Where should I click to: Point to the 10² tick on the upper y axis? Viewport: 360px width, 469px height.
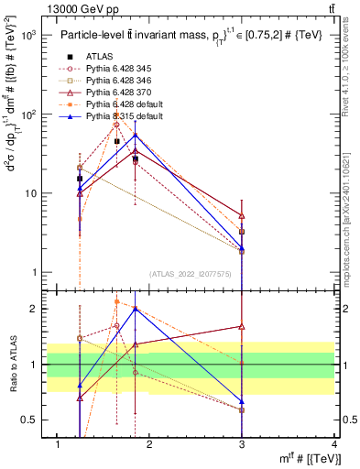point(31,115)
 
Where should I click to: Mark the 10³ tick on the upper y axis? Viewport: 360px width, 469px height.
point(31,36)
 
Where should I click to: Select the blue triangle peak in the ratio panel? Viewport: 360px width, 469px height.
point(136,309)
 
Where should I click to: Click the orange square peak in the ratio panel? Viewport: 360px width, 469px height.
point(116,301)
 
